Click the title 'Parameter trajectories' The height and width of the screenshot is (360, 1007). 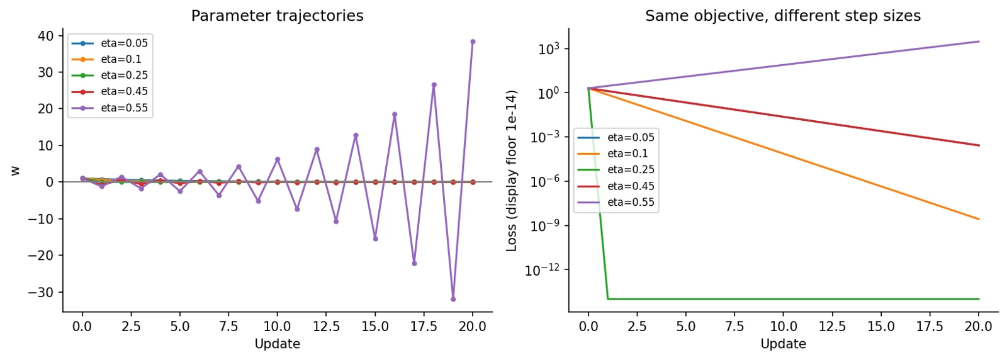click(x=278, y=16)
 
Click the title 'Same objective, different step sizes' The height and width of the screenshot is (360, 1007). click(x=783, y=16)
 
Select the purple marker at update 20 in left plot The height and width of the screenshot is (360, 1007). click(x=473, y=42)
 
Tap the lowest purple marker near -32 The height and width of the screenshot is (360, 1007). click(x=453, y=299)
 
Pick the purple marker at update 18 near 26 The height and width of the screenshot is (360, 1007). click(x=434, y=84)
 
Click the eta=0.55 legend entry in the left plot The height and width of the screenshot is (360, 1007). click(x=110, y=108)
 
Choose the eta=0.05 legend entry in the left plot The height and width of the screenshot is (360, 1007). click(x=110, y=43)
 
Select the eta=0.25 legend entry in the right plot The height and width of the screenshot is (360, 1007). click(x=616, y=169)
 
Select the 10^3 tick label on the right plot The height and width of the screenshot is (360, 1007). click(x=549, y=49)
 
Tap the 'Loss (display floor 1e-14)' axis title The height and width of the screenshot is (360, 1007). click(x=511, y=171)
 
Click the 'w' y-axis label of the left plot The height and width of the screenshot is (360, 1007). click(x=15, y=171)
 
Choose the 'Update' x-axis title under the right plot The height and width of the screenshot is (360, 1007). click(x=783, y=344)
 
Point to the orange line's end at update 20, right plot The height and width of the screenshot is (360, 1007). click(x=979, y=219)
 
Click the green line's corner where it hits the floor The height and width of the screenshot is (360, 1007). click(x=608, y=299)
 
